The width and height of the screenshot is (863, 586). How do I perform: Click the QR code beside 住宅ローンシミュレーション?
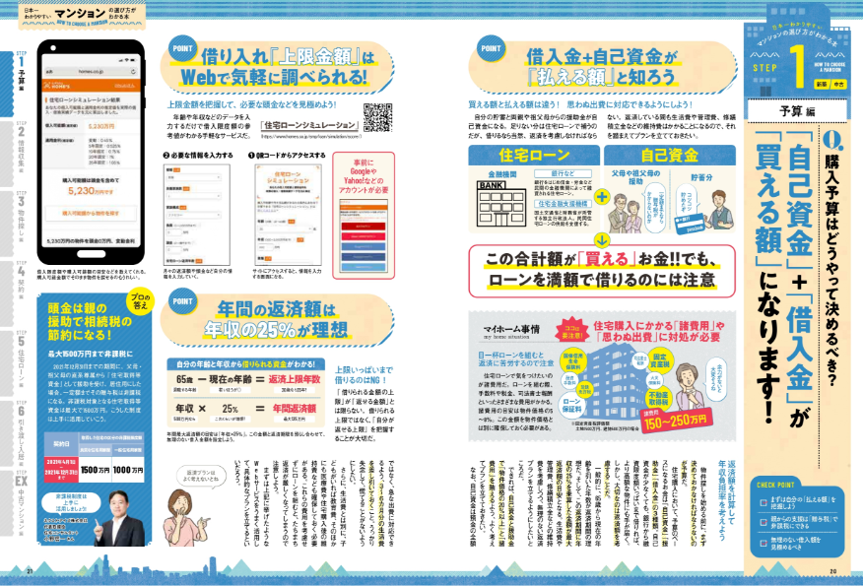pyautogui.click(x=379, y=118)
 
